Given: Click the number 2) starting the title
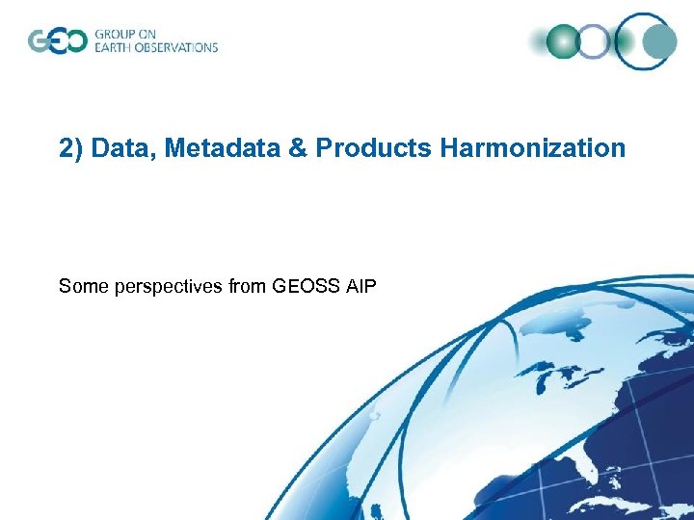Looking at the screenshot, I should coord(70,148).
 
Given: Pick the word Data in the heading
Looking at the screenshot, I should coord(125,148).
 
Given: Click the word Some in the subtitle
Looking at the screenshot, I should coord(79,286).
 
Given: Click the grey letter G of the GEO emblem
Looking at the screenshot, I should coord(40,41).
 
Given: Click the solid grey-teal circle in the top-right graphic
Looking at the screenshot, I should coord(659,41).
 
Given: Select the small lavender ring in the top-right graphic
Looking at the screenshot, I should coord(596,41).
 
